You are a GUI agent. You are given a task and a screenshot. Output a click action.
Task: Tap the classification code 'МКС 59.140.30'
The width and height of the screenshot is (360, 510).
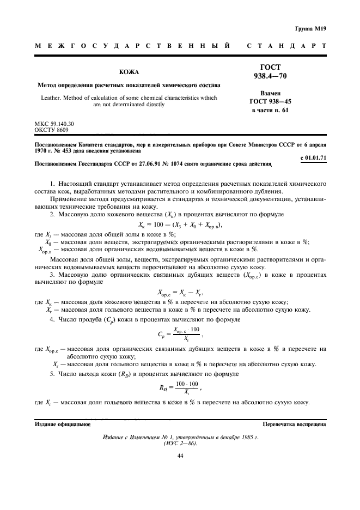tap(54, 124)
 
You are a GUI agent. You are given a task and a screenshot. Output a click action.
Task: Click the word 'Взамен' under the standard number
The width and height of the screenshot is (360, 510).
tap(270, 93)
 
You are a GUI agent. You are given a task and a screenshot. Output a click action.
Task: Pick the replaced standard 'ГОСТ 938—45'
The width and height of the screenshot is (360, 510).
tap(270, 102)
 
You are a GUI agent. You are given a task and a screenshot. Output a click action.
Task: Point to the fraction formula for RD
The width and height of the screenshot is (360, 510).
tap(180, 388)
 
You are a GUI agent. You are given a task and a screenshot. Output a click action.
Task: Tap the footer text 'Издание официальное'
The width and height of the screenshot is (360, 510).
tap(63, 423)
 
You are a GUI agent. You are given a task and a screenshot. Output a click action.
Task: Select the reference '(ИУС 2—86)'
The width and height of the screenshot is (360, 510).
tap(180, 443)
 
